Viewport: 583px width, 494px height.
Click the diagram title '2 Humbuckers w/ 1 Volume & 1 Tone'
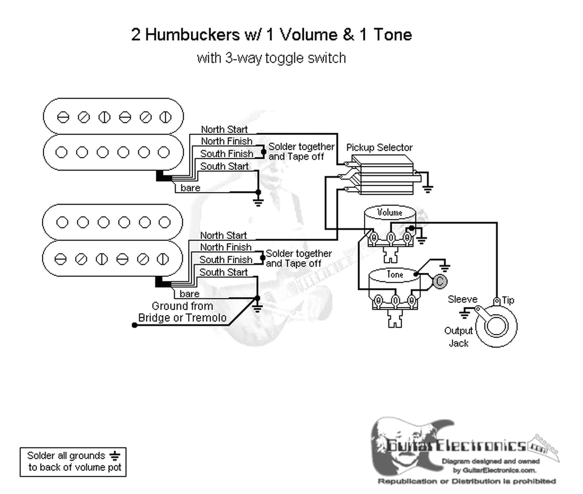pos(271,35)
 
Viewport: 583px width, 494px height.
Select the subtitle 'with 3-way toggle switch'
pos(271,58)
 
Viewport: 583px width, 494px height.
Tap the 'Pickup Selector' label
pos(379,147)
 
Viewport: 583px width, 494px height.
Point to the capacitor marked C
pos(440,281)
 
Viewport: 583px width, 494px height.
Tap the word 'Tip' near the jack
pos(508,300)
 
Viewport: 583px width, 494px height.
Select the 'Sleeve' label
pos(462,299)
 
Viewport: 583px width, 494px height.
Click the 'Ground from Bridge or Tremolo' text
pos(182,312)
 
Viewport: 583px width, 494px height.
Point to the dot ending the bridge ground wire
pos(134,325)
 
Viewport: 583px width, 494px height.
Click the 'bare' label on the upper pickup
pos(190,188)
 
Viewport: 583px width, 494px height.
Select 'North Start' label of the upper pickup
pos(224,130)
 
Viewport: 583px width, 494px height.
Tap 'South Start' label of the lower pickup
pos(223,272)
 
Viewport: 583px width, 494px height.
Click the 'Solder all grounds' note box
pos(73,462)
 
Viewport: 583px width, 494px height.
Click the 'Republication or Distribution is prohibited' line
pos(466,481)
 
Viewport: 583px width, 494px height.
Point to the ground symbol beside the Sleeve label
pos(465,313)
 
